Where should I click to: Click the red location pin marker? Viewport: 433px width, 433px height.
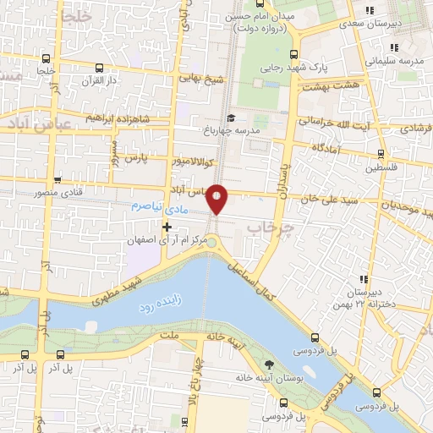click(x=217, y=198)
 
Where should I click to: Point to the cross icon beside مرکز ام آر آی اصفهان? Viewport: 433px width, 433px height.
click(x=167, y=227)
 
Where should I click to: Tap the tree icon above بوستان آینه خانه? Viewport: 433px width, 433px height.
click(x=269, y=364)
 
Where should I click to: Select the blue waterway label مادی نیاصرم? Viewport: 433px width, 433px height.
click(x=157, y=206)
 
